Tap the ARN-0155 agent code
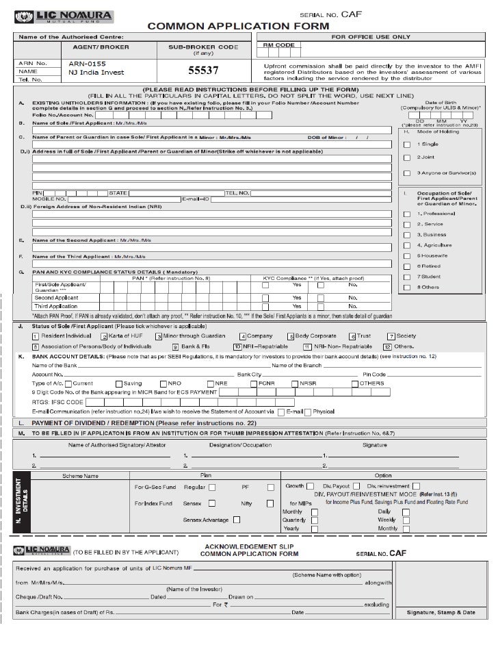pyautogui.click(x=87, y=63)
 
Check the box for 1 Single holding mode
pyautogui.click(x=407, y=144)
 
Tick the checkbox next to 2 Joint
pyautogui.click(x=407, y=159)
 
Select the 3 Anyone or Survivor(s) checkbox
pyautogui.click(x=407, y=173)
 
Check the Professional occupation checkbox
pyautogui.click(x=407, y=214)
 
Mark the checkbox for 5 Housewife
pyautogui.click(x=407, y=255)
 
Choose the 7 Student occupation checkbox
pyautogui.click(x=407, y=277)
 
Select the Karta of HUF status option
pyautogui.click(x=104, y=336)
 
